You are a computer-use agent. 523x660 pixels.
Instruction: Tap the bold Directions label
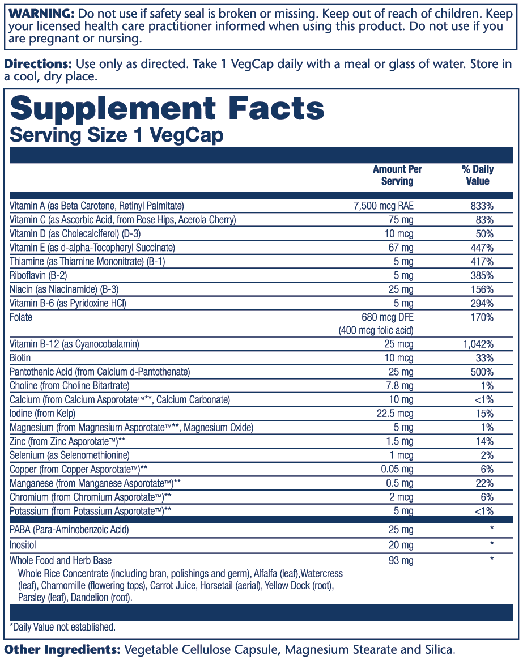(x=38, y=65)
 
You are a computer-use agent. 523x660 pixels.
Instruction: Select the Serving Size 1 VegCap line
(x=117, y=135)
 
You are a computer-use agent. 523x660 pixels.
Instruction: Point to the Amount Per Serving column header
(x=397, y=175)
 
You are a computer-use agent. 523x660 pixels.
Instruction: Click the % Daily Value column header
(x=477, y=175)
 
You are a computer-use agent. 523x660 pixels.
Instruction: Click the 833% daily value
(x=483, y=206)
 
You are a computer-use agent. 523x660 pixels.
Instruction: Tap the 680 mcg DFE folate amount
(x=387, y=317)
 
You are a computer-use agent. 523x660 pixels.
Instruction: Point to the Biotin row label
(x=20, y=358)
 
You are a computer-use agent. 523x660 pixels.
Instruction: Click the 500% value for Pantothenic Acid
(x=483, y=372)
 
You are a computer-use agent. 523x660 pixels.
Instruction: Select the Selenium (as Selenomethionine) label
(x=70, y=455)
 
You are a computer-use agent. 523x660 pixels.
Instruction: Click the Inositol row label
(x=23, y=545)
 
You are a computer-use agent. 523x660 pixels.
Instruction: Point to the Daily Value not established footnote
(x=62, y=627)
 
